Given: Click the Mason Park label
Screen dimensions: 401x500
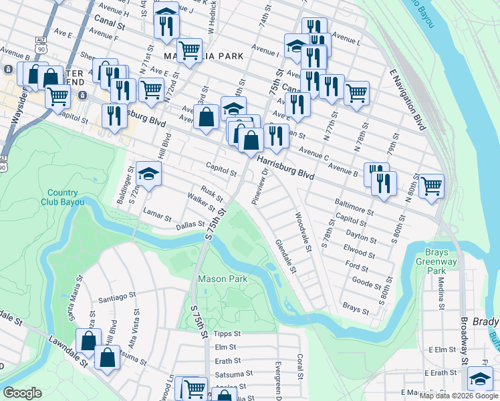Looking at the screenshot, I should point(223,279).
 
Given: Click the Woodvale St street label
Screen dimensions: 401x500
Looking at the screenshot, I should point(304,232).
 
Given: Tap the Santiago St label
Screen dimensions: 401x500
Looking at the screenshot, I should point(117,301).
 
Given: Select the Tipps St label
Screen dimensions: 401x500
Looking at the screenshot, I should point(227,333).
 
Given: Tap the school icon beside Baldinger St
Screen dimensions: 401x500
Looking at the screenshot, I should point(148,175).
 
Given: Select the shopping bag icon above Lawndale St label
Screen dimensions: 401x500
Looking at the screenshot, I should point(88,341).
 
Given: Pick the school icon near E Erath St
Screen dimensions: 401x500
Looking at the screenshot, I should point(479,379).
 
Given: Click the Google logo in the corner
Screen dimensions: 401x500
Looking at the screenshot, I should point(23,393).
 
